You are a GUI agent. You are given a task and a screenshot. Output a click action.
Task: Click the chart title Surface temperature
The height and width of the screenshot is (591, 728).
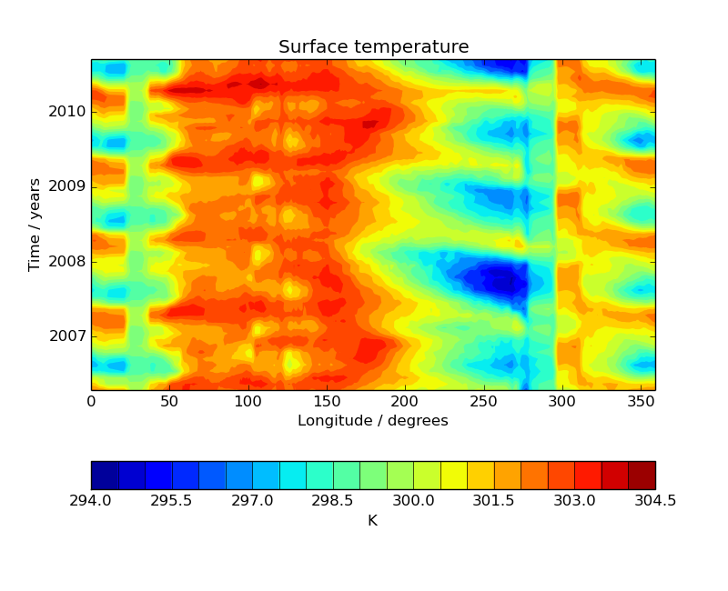pyautogui.click(x=373, y=47)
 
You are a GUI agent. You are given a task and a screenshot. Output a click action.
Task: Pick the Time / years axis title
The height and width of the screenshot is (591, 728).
pyautogui.click(x=35, y=225)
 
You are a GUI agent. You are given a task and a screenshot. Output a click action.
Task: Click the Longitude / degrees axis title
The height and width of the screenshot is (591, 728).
pyautogui.click(x=373, y=421)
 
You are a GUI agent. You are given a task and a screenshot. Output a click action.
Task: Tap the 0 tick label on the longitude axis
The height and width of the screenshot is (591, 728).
pyautogui.click(x=91, y=401)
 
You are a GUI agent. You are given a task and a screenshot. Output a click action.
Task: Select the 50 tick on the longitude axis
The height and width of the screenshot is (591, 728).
pyautogui.click(x=169, y=401)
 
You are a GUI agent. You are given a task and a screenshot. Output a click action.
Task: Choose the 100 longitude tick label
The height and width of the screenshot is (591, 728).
pyautogui.click(x=248, y=401)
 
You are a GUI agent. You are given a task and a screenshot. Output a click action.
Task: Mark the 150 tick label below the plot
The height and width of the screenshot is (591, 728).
pyautogui.click(x=326, y=401)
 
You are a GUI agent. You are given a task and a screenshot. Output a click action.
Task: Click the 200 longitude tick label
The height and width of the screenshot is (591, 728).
pyautogui.click(x=404, y=401)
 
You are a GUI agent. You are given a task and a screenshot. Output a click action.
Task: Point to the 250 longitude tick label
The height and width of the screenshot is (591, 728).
pyautogui.click(x=483, y=401)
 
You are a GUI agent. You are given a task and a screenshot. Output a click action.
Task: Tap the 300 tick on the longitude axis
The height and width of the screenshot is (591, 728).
pyautogui.click(x=561, y=401)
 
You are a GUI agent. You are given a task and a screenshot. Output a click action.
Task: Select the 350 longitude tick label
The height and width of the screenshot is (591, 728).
pyautogui.click(x=640, y=401)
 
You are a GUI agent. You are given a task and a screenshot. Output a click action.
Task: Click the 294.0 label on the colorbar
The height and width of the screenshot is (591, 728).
pyautogui.click(x=91, y=501)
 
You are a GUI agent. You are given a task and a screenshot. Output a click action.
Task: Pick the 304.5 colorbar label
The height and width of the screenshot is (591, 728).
pyautogui.click(x=655, y=501)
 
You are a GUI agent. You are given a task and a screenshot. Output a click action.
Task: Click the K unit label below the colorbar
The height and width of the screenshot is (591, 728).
pyautogui.click(x=372, y=521)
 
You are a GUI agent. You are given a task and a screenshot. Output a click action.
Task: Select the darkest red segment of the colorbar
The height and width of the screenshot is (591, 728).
pyautogui.click(x=642, y=475)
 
